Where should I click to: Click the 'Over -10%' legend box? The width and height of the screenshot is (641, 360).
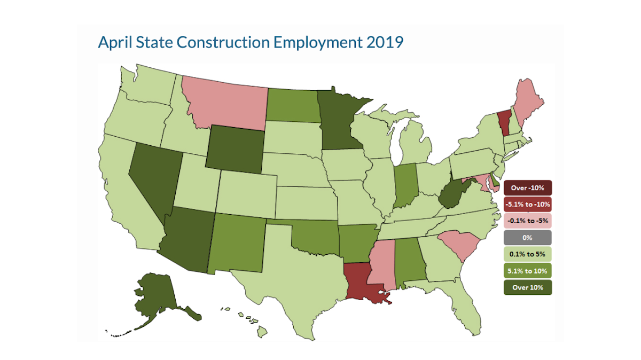click(527, 188)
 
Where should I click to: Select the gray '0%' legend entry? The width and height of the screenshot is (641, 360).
click(527, 238)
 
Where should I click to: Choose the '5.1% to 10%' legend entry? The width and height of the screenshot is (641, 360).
click(527, 271)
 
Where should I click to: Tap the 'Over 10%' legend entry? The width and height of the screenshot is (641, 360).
click(527, 287)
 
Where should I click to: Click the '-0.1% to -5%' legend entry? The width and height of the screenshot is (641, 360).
click(527, 220)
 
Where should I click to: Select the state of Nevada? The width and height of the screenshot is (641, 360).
click(152, 179)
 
